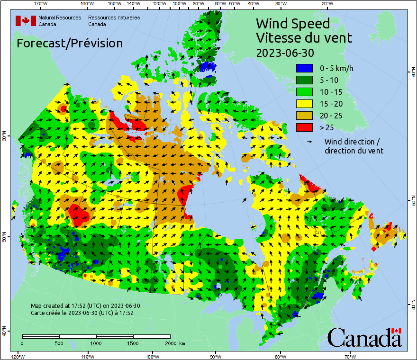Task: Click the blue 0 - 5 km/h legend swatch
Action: click(305, 68)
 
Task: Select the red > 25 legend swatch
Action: click(305, 127)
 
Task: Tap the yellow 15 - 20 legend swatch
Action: click(305, 104)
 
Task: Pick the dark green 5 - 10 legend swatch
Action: click(305, 80)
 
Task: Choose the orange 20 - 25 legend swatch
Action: click(305, 116)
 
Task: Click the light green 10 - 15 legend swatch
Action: click(305, 92)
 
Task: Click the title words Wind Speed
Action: click(292, 23)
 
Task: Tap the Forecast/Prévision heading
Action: click(70, 43)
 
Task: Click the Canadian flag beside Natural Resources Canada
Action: click(26, 21)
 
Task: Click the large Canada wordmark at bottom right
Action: click(364, 337)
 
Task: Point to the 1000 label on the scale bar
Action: click(96, 343)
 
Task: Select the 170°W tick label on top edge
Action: click(41, 4)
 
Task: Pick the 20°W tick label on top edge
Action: click(326, 4)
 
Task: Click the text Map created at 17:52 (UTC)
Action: click(85, 306)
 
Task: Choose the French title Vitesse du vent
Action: click(304, 37)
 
